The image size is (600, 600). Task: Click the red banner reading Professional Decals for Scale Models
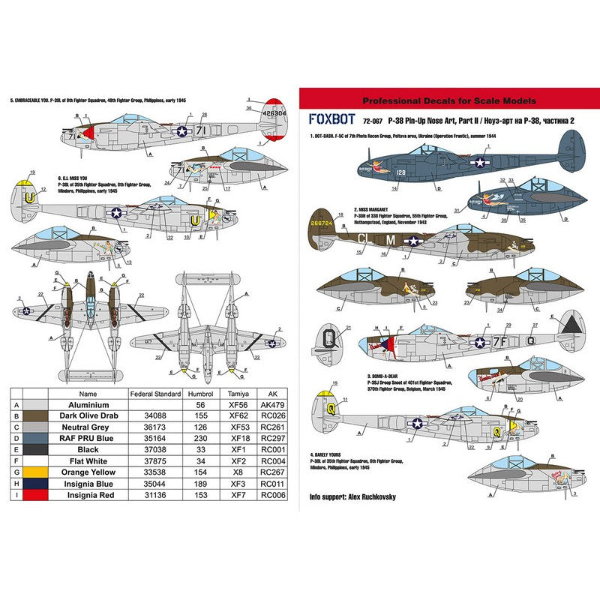[x=448, y=100]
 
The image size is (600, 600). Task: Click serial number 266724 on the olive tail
[x=320, y=223]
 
